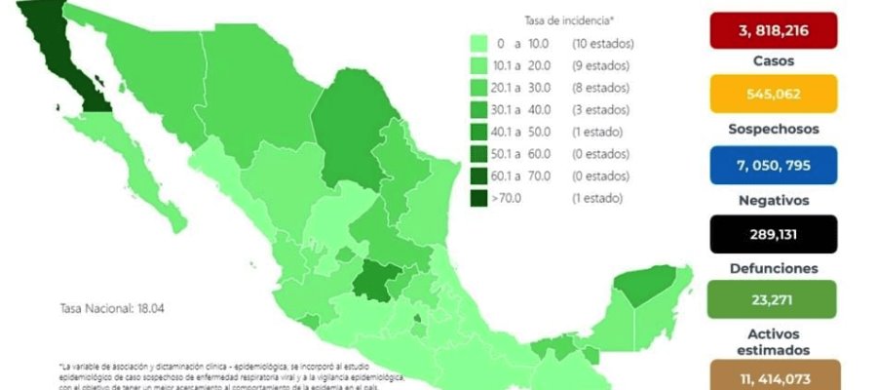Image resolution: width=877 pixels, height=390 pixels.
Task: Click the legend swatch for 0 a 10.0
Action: [x=478, y=43]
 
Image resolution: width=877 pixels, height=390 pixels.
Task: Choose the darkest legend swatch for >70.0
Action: [x=478, y=197]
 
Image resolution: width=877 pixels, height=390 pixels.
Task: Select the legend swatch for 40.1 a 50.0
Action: [x=478, y=132]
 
